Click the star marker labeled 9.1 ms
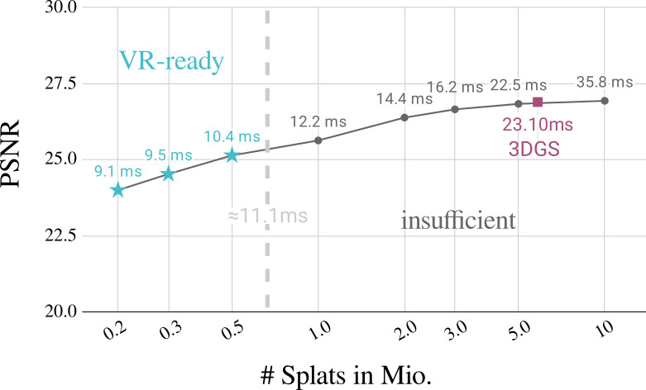point(117,190)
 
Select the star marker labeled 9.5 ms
point(169,174)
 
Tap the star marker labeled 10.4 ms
point(232,155)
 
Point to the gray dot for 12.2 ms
point(318,140)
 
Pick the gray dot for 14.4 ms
point(404,117)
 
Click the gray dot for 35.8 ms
point(605,101)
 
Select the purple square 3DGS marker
point(538,102)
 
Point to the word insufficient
point(458,221)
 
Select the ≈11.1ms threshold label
point(267,216)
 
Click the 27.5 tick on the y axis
point(55,83)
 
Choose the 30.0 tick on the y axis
point(55,7)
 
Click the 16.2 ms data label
point(454,86)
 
